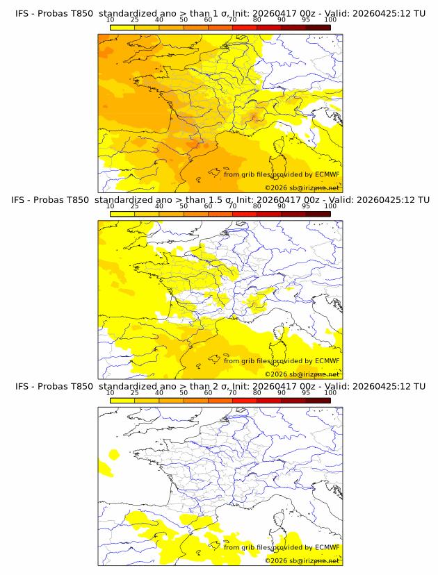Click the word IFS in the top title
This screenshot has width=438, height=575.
(x=24, y=13)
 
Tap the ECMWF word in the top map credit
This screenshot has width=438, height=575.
(x=327, y=174)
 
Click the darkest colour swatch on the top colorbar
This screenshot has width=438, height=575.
(x=318, y=27)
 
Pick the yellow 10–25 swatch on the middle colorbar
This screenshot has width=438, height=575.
(x=122, y=214)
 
